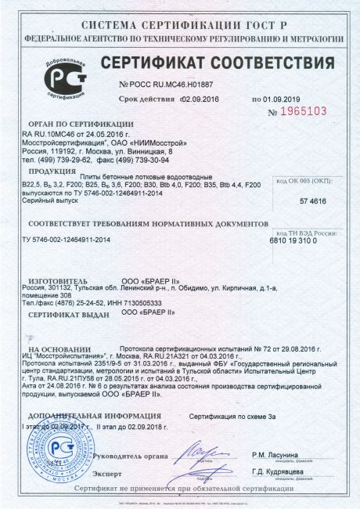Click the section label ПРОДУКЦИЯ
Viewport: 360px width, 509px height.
click(x=52, y=171)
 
